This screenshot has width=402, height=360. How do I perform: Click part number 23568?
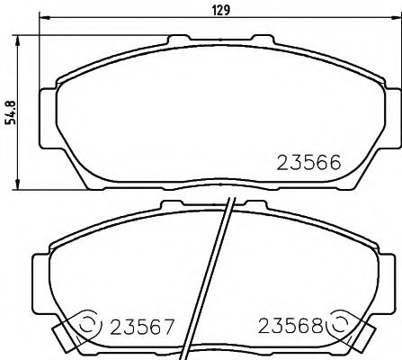[291, 324]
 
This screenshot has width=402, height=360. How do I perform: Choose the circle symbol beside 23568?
[343, 323]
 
